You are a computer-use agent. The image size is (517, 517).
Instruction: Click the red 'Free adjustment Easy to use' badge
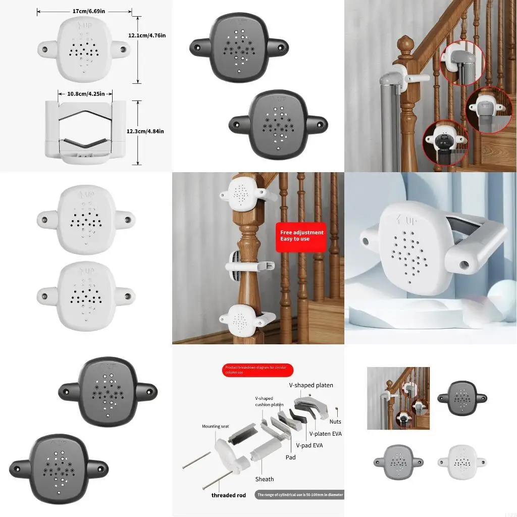tap(302, 236)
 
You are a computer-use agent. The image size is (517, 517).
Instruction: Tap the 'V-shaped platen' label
tap(311, 385)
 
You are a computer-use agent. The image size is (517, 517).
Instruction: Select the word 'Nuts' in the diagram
tap(335, 422)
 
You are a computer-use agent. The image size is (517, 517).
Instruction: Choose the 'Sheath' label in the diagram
tap(264, 479)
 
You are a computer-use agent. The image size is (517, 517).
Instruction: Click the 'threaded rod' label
tap(229, 495)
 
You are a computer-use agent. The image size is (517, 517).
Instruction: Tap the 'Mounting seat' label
tap(215, 427)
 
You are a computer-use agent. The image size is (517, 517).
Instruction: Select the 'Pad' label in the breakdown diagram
tap(290, 457)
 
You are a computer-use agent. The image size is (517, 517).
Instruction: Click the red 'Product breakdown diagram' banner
tap(257, 370)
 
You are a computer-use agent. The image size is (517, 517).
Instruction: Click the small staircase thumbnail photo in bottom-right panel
tap(398, 398)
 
